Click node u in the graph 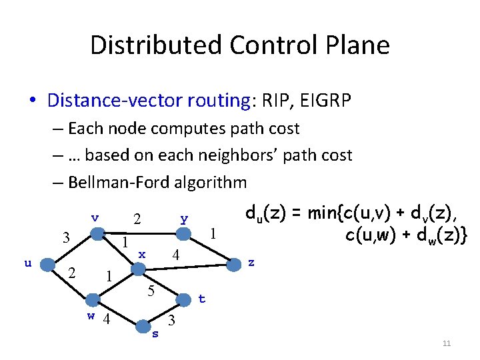pyautogui.click(x=47, y=264)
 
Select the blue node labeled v pyautogui.click(x=97, y=233)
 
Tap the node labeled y pyautogui.click(x=183, y=233)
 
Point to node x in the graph pyautogui.click(x=138, y=269)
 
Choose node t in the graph pyautogui.click(x=183, y=299)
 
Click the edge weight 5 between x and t pyautogui.click(x=151, y=291)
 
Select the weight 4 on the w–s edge pyautogui.click(x=105, y=319)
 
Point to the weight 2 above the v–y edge pyautogui.click(x=137, y=219)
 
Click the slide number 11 pyautogui.click(x=447, y=343)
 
